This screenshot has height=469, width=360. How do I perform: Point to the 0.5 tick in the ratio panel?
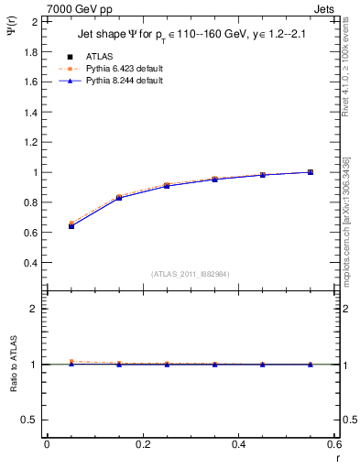coord(29,420)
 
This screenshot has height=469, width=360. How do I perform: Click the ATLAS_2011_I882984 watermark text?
coord(190,274)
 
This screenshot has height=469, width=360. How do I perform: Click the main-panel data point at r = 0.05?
coord(71,225)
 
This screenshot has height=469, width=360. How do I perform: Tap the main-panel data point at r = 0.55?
coord(310,172)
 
